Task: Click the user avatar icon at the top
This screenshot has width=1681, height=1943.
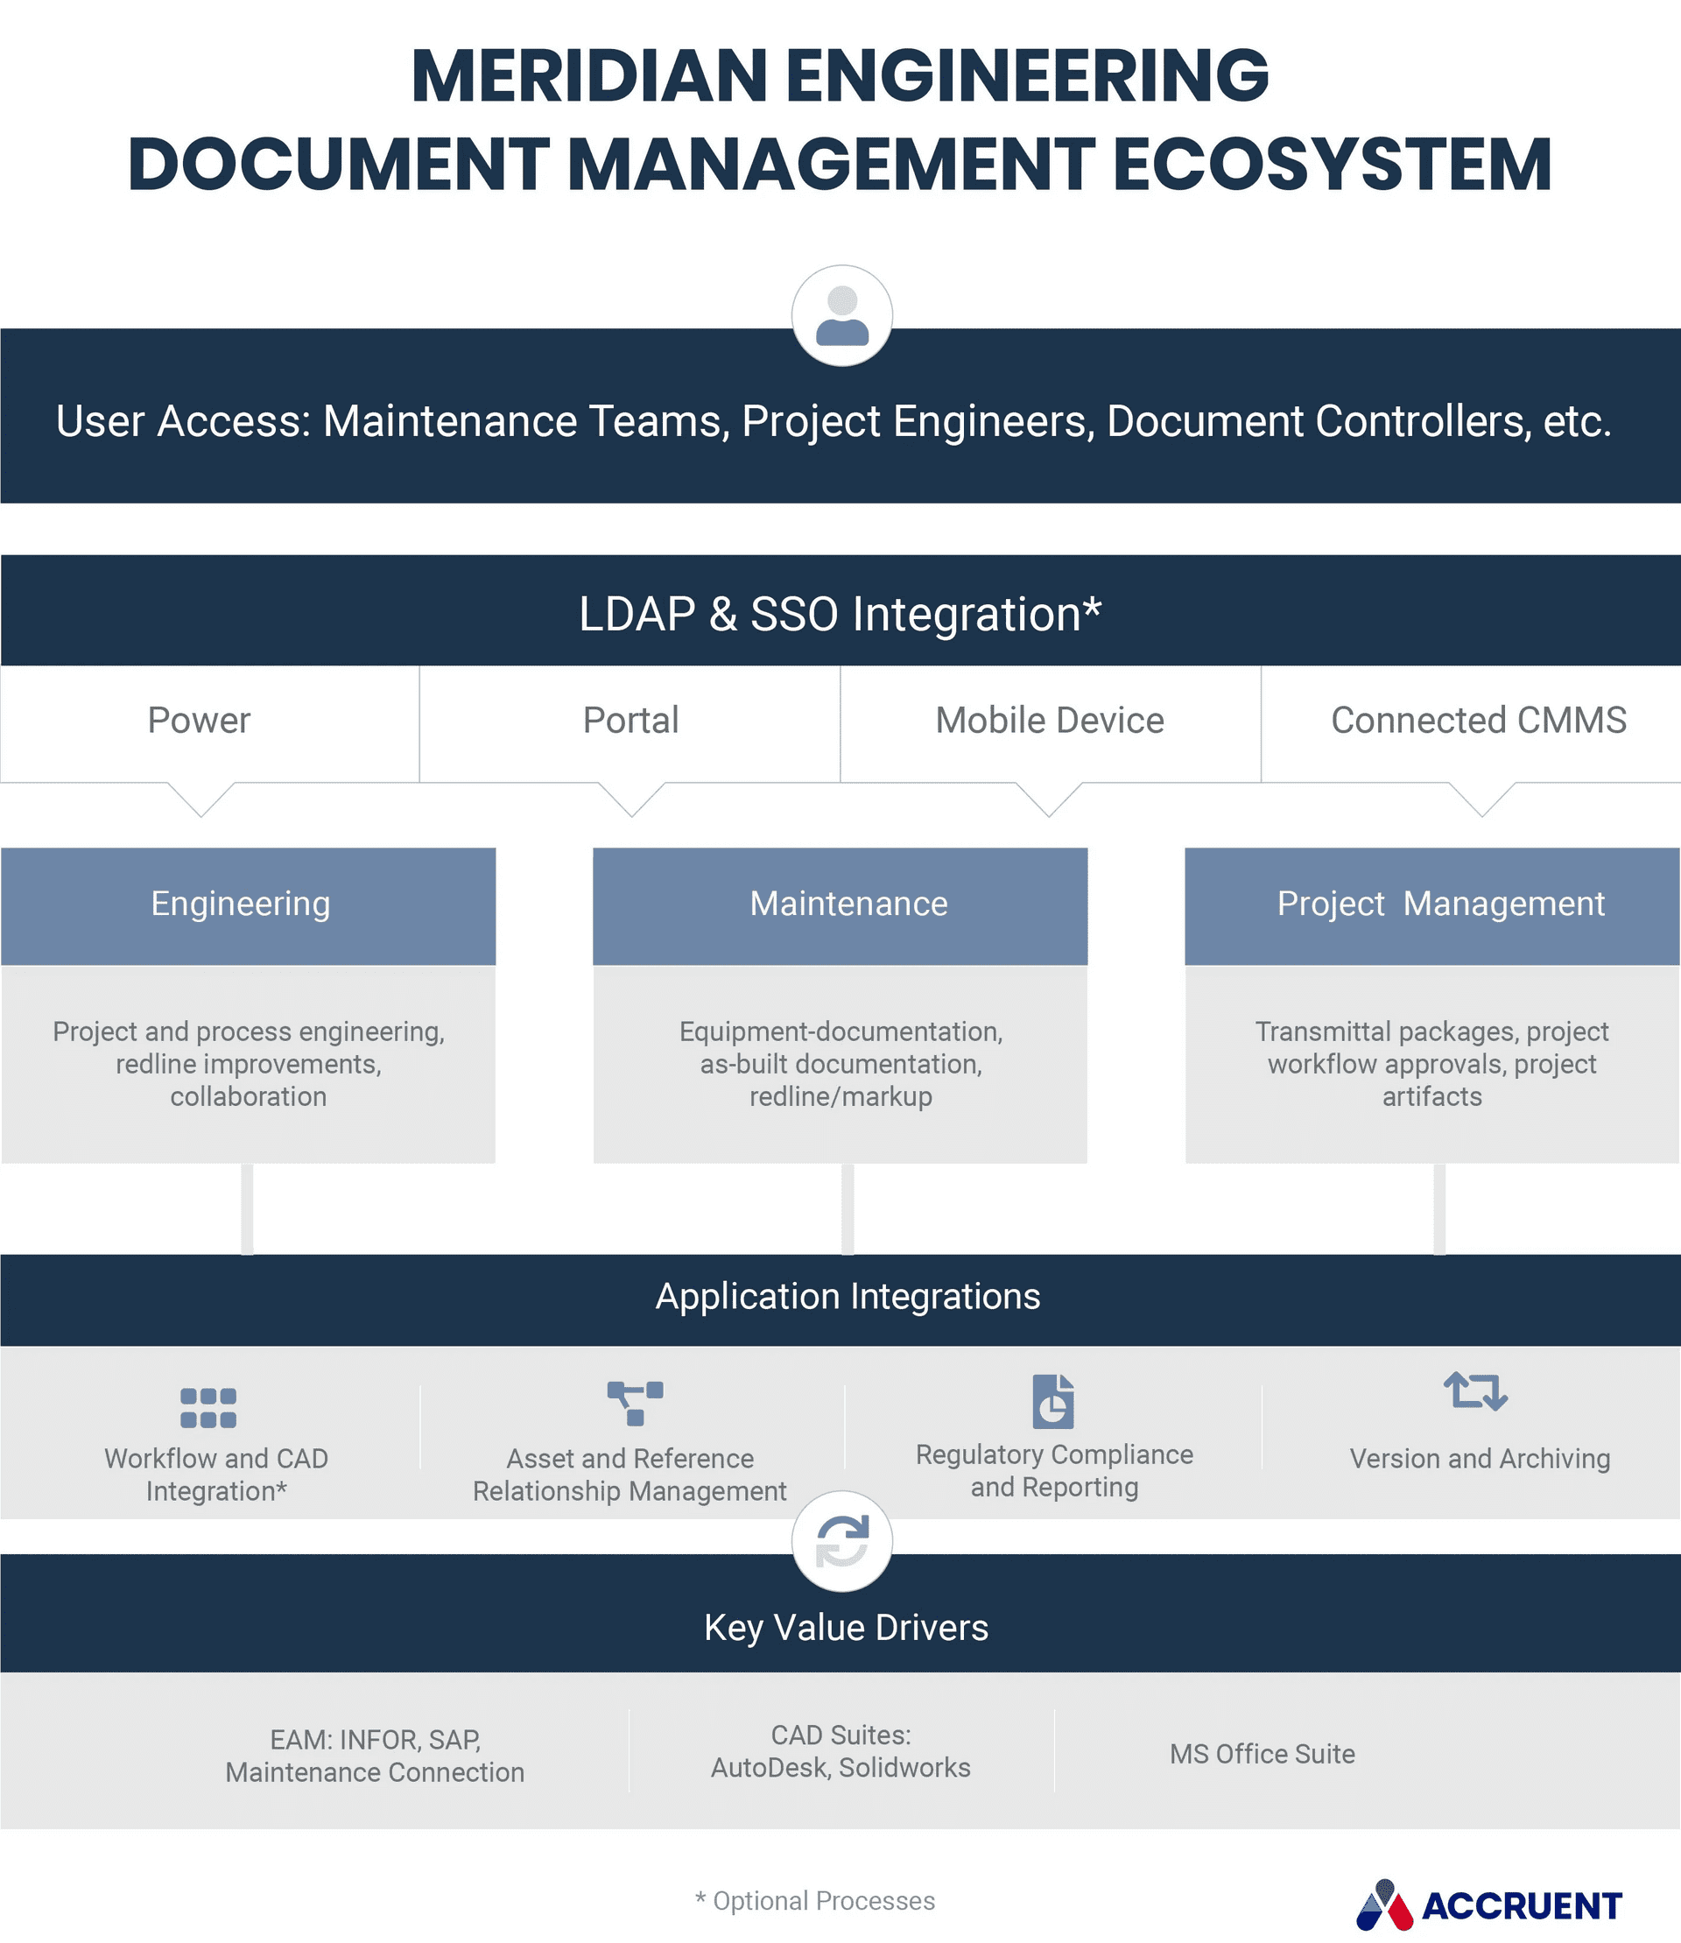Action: (841, 315)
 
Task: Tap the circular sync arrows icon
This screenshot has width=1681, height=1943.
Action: (841, 1540)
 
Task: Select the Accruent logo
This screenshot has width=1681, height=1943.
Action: (1488, 1904)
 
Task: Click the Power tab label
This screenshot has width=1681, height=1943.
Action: (199, 721)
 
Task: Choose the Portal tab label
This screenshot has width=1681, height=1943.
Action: (630, 721)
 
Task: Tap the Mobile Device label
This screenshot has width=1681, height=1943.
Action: (1050, 721)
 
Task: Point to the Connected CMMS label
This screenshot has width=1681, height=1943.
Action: (1479, 721)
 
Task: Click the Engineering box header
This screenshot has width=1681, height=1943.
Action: (241, 905)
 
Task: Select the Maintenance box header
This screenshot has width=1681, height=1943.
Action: (848, 905)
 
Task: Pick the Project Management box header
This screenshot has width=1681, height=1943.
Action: (1441, 905)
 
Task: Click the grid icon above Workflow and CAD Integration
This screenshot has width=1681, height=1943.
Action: (208, 1407)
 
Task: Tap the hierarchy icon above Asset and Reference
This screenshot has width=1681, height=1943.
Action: (635, 1403)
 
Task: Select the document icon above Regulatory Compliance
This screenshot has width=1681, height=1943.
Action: (1052, 1402)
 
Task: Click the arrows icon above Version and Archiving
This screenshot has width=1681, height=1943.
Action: (1475, 1391)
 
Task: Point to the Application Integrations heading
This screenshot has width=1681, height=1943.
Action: (848, 1297)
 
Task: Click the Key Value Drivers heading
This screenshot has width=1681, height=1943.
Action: (846, 1628)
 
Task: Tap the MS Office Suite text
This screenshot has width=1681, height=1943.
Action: (1262, 1755)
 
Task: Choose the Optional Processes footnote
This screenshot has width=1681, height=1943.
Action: (815, 1901)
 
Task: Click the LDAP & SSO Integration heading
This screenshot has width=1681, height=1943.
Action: (840, 615)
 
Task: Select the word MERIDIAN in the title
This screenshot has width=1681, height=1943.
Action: (589, 76)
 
